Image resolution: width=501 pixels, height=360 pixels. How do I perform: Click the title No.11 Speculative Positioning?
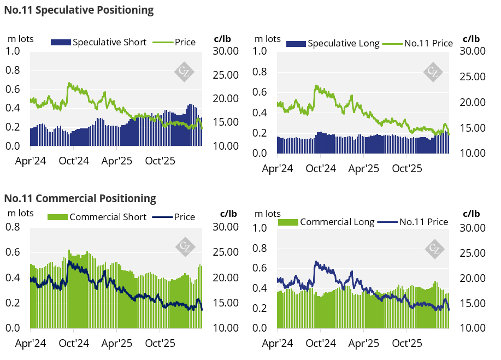point(79,10)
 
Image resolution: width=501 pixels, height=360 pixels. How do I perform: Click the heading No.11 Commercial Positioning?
point(80,198)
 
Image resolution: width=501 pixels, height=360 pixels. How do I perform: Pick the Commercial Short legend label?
point(108,217)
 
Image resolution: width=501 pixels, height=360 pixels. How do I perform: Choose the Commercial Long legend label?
point(337,222)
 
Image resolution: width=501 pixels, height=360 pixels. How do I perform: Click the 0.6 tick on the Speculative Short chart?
point(14,89)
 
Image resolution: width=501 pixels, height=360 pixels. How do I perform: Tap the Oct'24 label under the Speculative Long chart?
point(320,168)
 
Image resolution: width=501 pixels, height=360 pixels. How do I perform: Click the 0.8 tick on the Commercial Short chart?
point(14,227)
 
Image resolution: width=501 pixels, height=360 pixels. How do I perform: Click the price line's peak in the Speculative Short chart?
point(69,83)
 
